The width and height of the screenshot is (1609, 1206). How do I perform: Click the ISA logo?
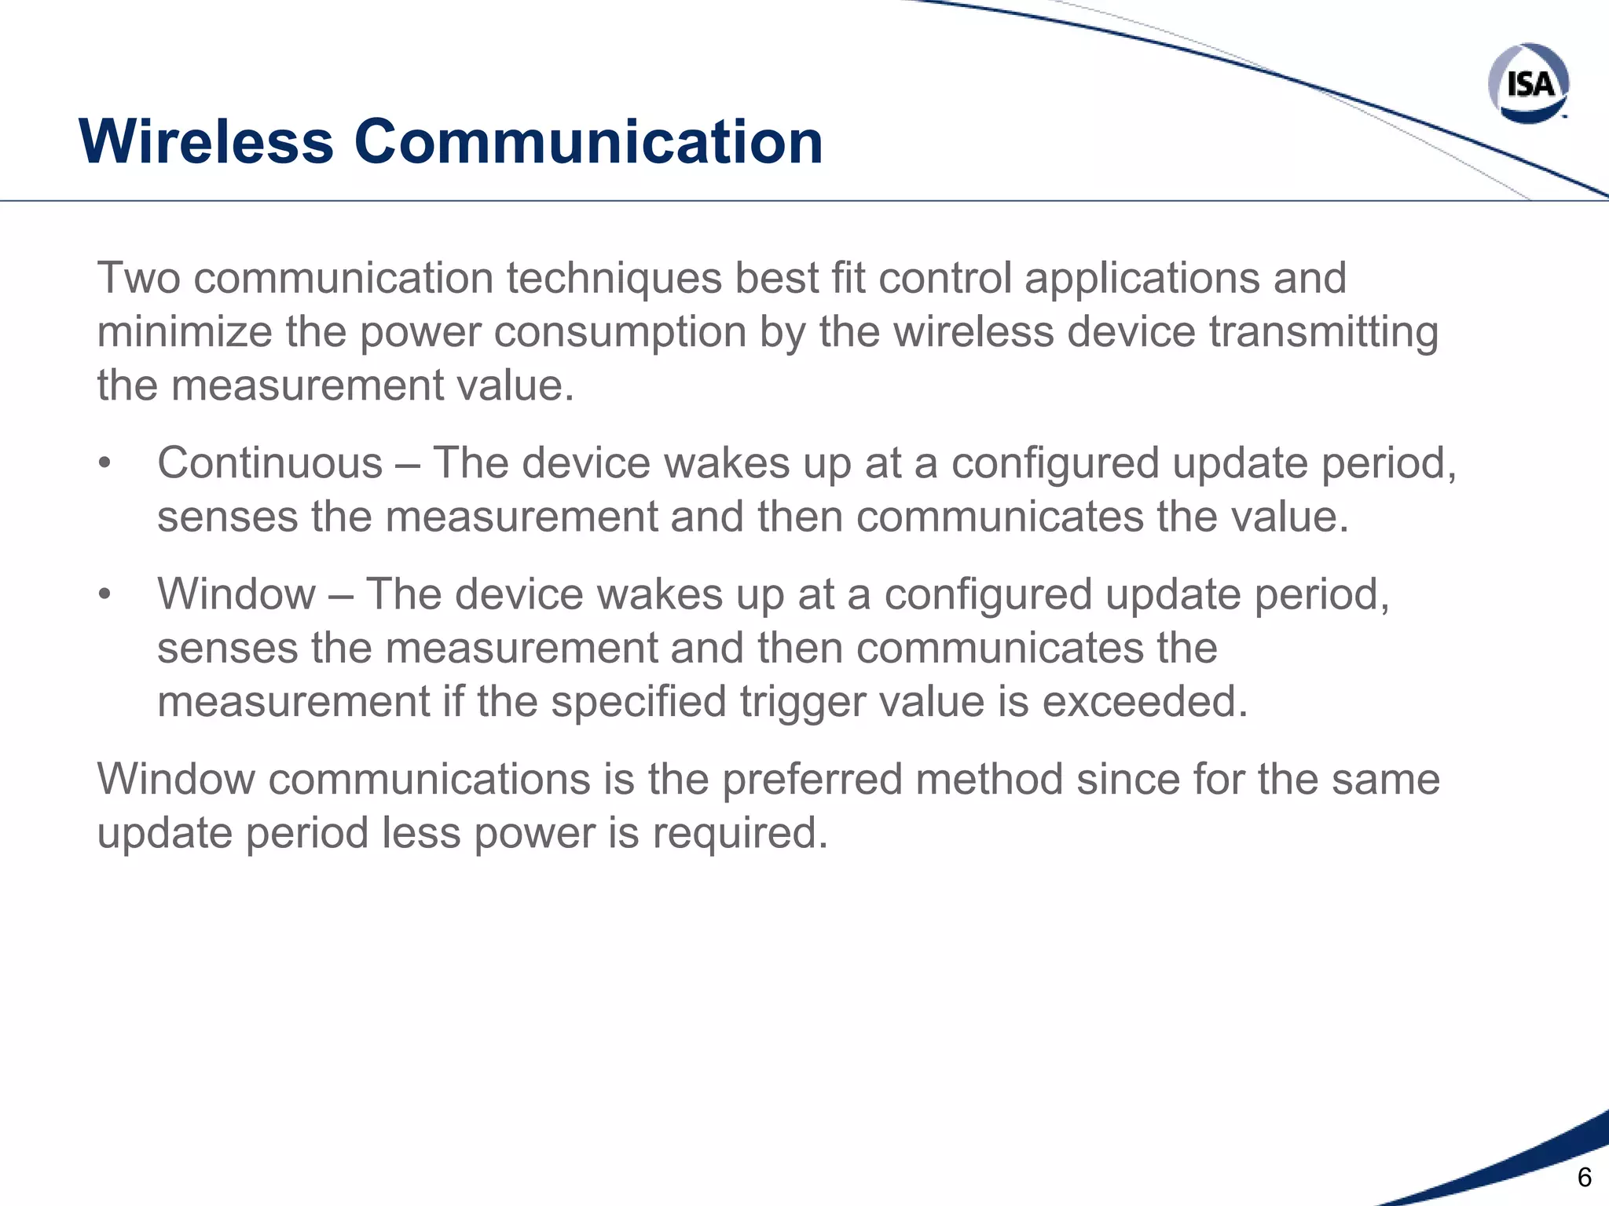click(x=1528, y=82)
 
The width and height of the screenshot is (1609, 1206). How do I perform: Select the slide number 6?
click(x=1584, y=1177)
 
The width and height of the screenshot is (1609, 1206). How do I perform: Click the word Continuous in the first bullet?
click(x=269, y=462)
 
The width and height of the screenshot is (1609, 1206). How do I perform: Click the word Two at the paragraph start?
click(x=138, y=278)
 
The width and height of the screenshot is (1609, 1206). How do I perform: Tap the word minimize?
click(x=185, y=332)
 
